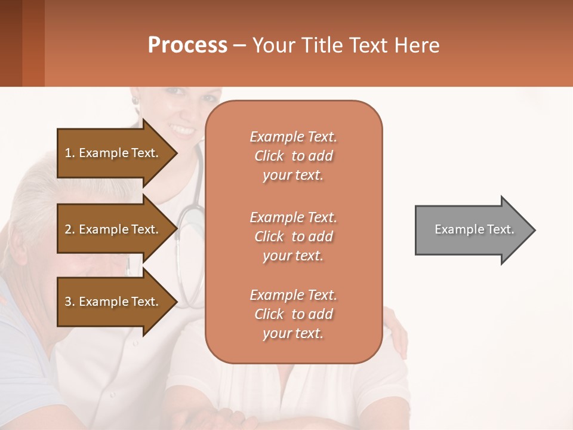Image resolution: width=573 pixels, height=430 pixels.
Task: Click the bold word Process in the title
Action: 187,45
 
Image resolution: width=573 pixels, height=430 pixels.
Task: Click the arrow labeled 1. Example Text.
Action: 113,153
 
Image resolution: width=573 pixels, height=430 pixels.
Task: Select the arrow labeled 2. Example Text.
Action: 113,229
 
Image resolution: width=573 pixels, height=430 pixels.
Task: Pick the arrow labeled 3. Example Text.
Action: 113,302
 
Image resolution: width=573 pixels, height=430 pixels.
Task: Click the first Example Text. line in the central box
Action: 293,137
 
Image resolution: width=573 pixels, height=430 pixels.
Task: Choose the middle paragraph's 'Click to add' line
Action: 293,236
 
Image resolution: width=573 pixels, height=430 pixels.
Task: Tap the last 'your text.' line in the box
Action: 293,333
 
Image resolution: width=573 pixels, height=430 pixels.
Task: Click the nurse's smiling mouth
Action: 182,130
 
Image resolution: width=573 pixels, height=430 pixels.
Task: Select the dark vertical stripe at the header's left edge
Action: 11,43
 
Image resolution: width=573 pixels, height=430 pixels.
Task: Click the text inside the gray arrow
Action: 474,229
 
